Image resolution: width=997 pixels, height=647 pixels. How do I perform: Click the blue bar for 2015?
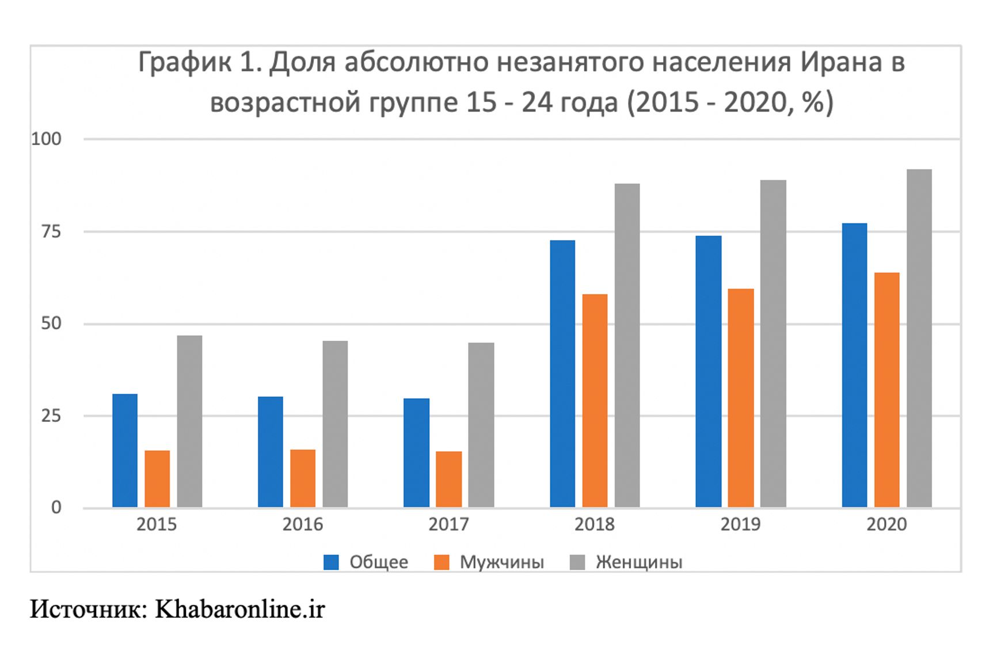pos(125,450)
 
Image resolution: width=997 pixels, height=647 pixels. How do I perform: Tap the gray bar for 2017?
pos(481,425)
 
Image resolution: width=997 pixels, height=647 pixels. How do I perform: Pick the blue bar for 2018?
pos(562,374)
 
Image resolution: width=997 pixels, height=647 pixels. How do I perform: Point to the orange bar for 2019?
pos(741,398)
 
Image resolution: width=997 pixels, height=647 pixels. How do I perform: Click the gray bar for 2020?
pos(919,338)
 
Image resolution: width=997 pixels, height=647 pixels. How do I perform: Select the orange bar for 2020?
pos(887,390)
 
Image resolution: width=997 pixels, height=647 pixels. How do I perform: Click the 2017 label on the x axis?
pos(448,524)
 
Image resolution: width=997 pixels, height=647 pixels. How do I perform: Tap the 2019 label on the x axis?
pos(740,524)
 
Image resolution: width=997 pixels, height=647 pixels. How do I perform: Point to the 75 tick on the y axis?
pos(51,231)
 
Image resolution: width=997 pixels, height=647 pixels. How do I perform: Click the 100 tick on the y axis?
pos(46,139)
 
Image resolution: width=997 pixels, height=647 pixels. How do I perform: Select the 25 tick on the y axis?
pos(51,416)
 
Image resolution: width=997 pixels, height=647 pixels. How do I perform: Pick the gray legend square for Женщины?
pos(577,562)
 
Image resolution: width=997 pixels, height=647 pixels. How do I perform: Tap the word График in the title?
pos(184,62)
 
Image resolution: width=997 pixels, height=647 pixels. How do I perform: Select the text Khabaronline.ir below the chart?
pos(240,609)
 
